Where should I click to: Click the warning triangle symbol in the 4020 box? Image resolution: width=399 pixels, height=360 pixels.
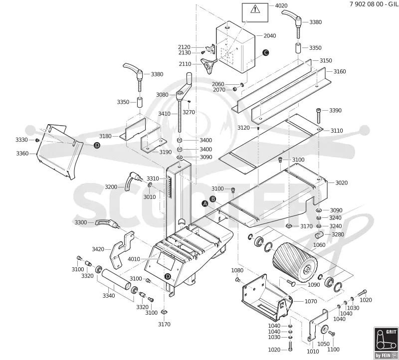pos(254,9)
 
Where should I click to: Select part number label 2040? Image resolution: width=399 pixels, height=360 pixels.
pos(270,36)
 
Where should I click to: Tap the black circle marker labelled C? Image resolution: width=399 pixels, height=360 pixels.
pos(265,53)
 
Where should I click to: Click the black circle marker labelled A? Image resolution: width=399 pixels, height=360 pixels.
pos(205,203)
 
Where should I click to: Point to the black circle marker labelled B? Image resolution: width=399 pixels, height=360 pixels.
pos(213,199)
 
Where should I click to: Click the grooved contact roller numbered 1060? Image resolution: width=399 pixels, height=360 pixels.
pos(295,262)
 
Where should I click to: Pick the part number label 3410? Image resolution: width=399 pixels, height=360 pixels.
pos(165,114)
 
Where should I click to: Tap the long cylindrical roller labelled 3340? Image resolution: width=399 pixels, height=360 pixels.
pos(116,279)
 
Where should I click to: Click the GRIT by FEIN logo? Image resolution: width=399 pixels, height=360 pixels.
pos(386,343)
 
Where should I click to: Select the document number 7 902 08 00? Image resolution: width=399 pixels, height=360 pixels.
pos(367,4)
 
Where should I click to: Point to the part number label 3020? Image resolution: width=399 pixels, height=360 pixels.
pos(342,183)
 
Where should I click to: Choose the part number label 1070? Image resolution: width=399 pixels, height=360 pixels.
pos(311,302)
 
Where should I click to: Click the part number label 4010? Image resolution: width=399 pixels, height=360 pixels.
pos(134,259)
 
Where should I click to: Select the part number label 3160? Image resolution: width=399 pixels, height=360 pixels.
pos(340,71)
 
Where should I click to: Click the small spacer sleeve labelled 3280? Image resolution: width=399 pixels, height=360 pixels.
pos(319,235)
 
